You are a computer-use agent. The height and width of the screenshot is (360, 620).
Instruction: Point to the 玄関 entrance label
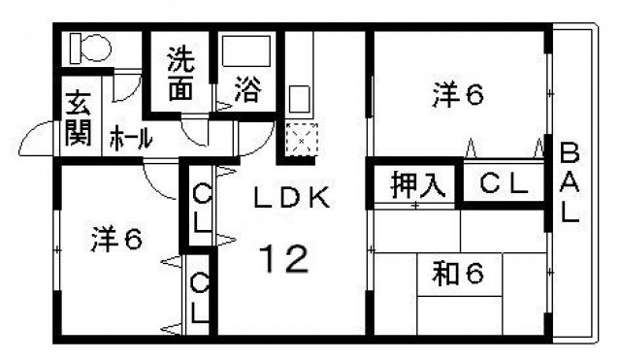79,116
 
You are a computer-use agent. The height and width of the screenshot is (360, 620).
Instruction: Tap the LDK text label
292,198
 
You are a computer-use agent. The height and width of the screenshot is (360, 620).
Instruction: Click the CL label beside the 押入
504,184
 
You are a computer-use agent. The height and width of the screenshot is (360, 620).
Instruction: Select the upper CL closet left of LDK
201,207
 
